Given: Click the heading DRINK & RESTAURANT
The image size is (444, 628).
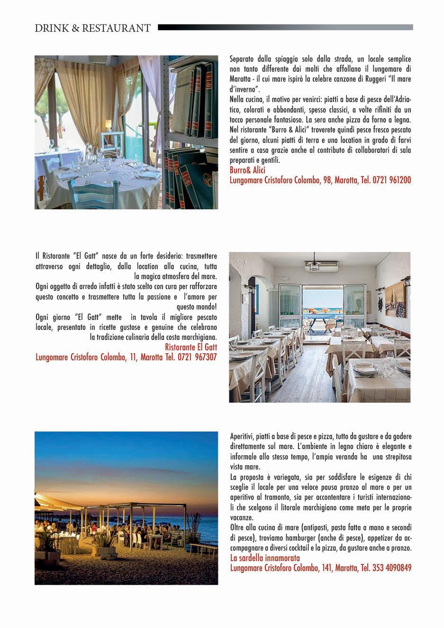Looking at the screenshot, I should click(93, 28).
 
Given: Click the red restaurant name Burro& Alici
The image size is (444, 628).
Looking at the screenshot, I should click(247, 170).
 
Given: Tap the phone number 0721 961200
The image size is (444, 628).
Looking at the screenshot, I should click(392, 180).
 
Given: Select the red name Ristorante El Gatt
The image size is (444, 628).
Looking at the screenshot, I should click(190, 347).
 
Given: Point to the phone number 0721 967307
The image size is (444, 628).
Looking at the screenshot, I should click(197, 357).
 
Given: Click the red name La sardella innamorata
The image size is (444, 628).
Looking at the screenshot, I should click(265, 558).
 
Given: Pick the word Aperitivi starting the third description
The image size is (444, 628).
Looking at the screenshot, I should click(241, 436).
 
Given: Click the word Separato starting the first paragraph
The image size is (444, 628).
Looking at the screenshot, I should click(243, 59).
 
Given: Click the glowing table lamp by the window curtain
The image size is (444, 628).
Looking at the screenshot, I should click(109, 124).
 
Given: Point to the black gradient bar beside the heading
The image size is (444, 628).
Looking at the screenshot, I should click(284, 28).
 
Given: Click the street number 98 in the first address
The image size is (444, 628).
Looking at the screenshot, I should click(327, 180).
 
